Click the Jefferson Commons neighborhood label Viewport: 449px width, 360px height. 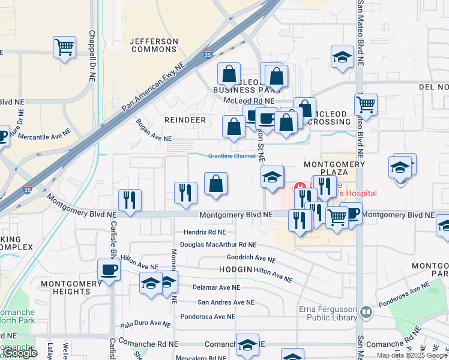point(155,45)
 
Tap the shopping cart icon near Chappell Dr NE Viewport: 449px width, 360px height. point(64,47)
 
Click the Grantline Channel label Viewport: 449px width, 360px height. point(232,156)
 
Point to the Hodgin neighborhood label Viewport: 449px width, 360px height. point(235,269)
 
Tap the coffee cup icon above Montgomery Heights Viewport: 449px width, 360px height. point(109,269)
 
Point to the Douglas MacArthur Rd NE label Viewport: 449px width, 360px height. point(218,245)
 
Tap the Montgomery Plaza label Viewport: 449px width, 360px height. point(334,168)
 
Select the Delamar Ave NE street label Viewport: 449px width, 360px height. point(216,287)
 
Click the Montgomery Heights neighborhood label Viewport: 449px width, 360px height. point(65,287)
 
